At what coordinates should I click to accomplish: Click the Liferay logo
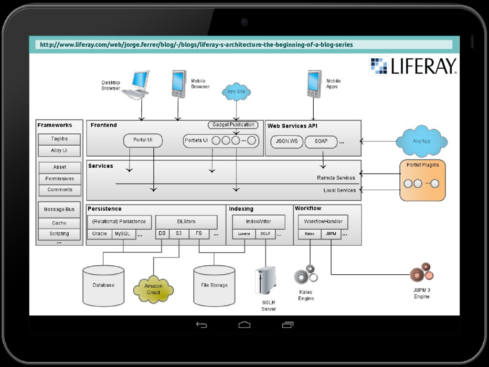tap(413, 66)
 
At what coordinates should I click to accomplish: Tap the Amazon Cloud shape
tap(153, 289)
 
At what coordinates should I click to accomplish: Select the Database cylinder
tap(103, 285)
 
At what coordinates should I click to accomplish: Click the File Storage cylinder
tap(214, 285)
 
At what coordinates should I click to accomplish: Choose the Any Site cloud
tap(236, 91)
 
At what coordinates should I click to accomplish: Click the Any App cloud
tap(421, 141)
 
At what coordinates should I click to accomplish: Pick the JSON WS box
tap(287, 141)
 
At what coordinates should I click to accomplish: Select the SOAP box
tap(321, 141)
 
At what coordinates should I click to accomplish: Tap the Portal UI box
tap(143, 140)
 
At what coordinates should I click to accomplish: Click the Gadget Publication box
tap(233, 125)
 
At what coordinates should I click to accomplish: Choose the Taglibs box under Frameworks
tap(59, 139)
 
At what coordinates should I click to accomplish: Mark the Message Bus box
tap(59, 209)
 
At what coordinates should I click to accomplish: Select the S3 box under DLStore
tap(179, 234)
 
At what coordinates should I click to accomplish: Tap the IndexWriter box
tap(258, 222)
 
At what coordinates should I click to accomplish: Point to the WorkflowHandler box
tap(323, 222)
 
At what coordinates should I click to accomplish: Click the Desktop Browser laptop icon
tap(137, 85)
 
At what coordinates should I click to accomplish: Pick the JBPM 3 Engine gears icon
tap(422, 273)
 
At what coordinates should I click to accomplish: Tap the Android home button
tap(244, 325)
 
